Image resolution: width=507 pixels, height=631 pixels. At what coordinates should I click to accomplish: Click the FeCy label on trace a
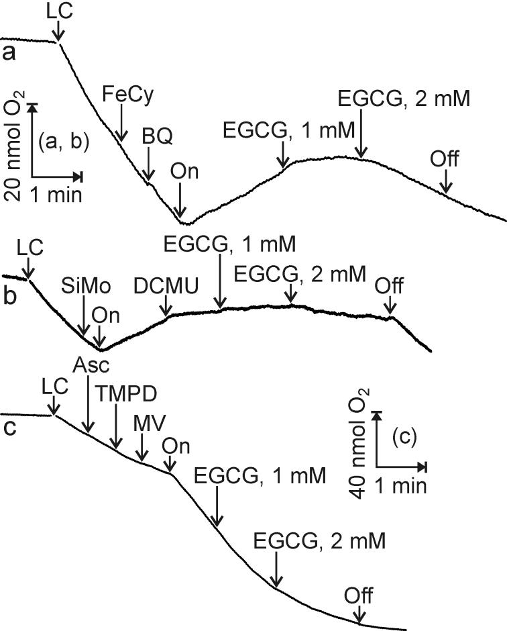128,95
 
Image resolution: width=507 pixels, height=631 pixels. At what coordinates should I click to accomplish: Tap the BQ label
157,136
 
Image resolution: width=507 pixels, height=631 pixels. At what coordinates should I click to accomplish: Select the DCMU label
166,285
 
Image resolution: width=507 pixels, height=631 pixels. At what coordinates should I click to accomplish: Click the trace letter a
9,53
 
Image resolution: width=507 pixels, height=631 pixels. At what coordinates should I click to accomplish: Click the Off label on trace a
445,160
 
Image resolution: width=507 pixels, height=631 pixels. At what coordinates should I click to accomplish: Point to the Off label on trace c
359,595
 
